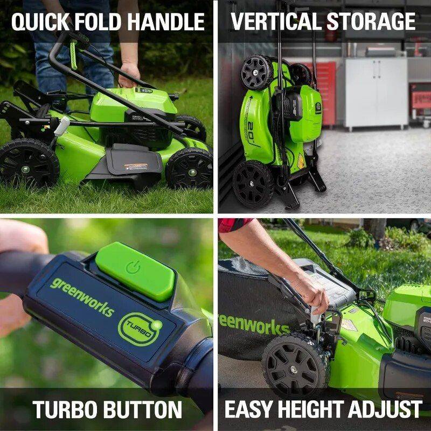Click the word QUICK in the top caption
coord(37,22)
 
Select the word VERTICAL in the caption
coord(276,22)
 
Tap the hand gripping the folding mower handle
coord(129,74)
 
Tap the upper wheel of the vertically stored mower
coord(257,72)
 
